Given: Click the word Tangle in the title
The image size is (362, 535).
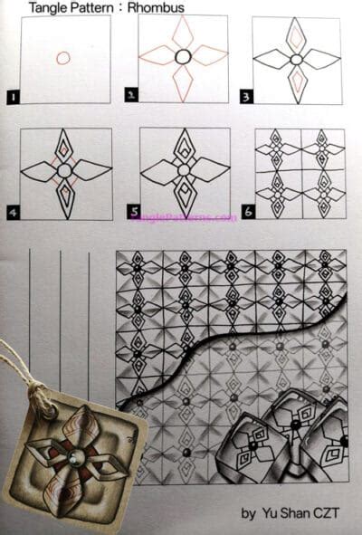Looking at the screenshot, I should click(48, 8).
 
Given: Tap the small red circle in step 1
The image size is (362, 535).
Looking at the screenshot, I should click(62, 58).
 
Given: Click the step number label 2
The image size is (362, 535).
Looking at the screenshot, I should click(131, 93).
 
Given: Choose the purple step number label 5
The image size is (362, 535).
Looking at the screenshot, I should click(134, 213).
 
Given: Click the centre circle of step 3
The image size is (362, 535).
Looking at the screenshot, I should click(296, 59).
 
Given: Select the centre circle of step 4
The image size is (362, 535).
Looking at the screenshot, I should click(64, 169).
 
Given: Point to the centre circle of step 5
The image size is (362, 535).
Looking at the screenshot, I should click(184, 169).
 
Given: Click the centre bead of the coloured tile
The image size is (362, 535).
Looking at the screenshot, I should click(72, 455).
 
